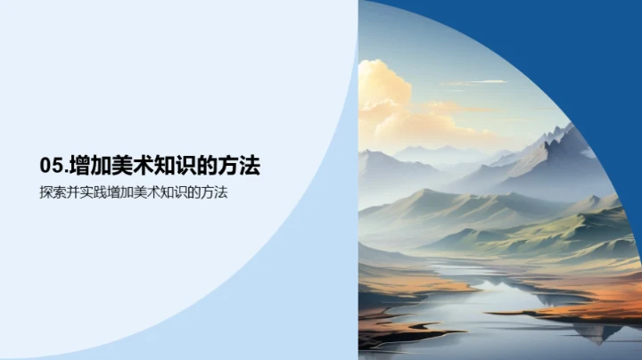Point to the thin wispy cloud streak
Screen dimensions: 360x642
point(473,84)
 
